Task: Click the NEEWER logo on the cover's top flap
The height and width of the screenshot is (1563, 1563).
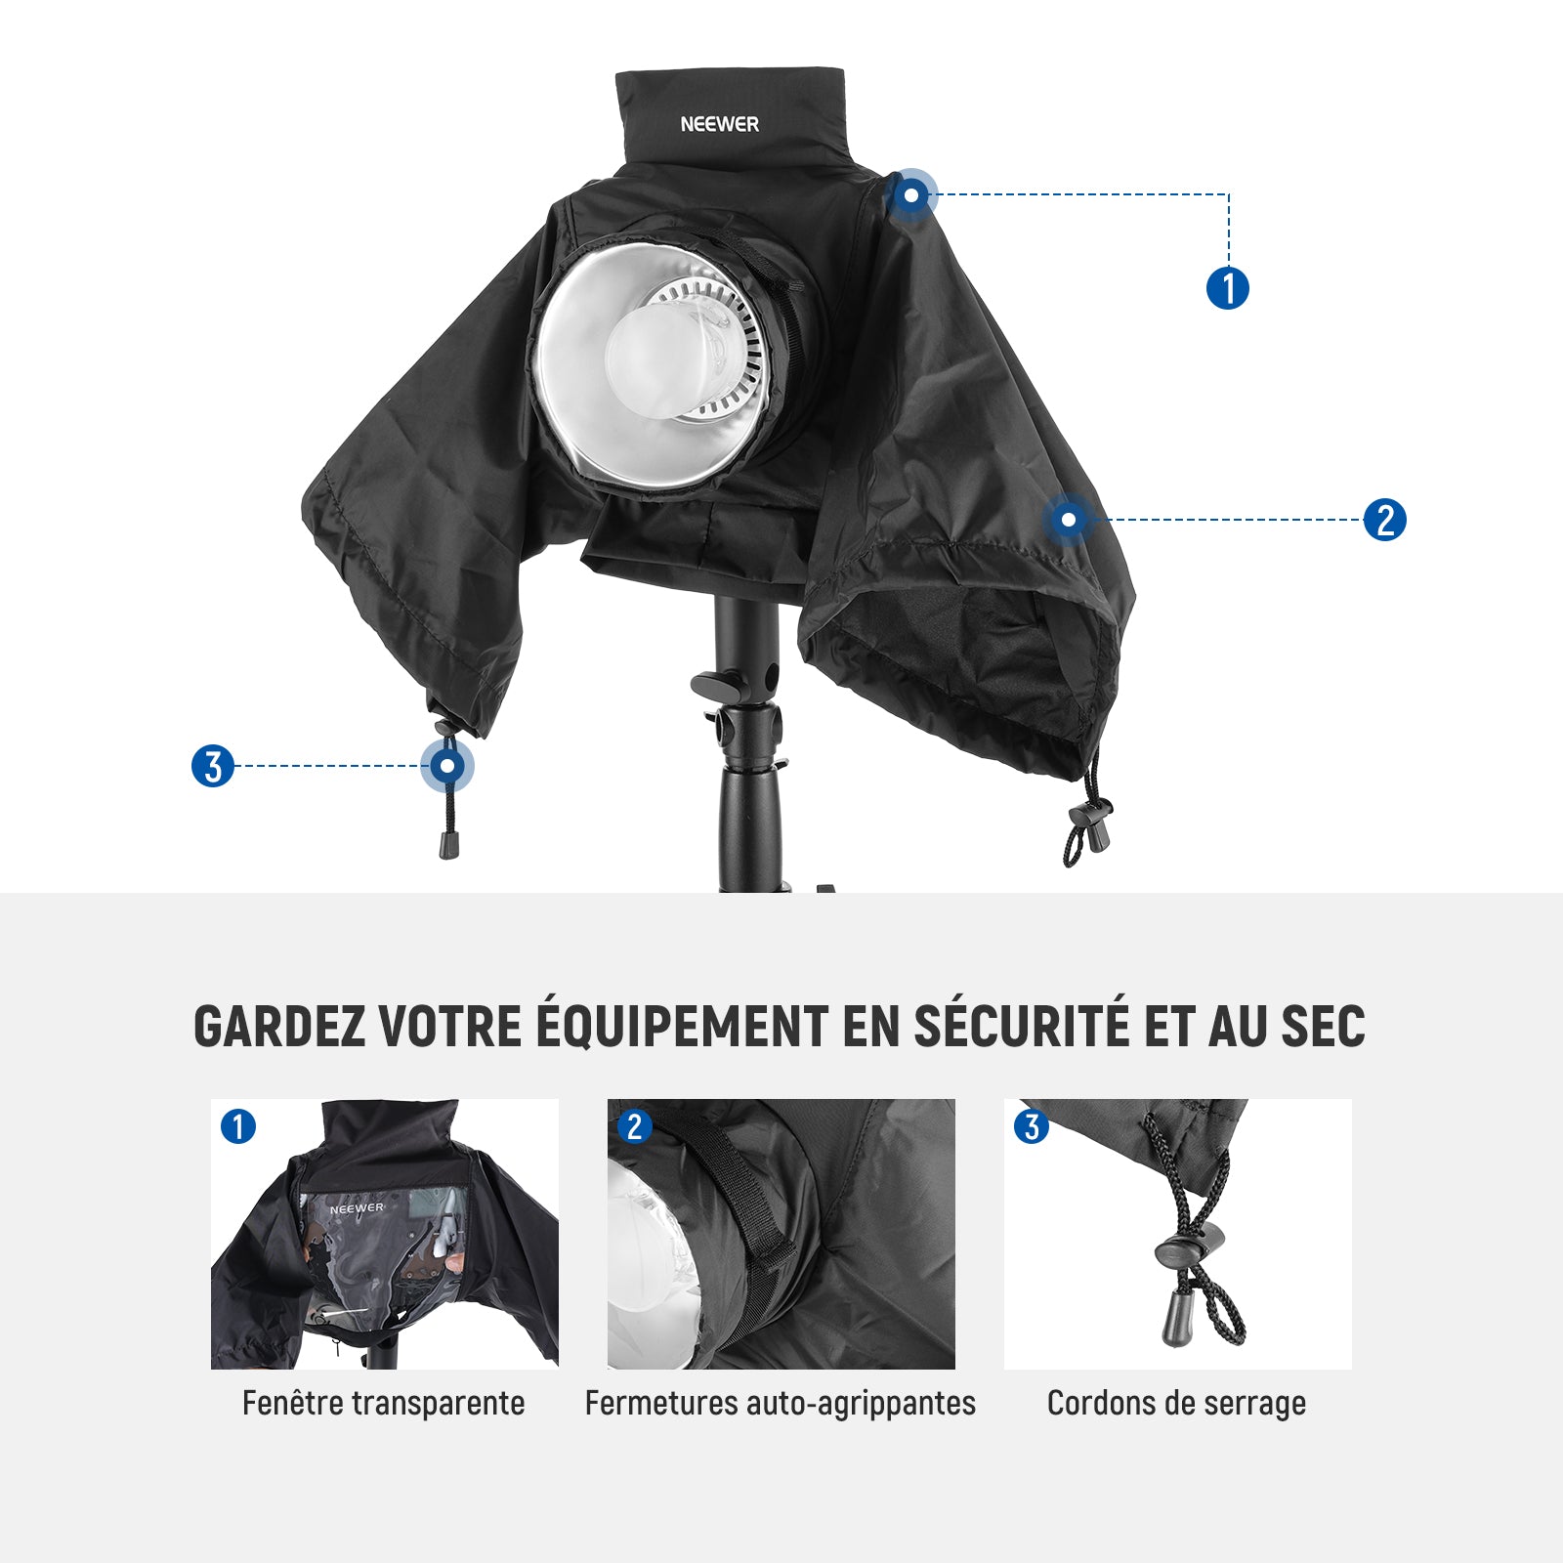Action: [720, 124]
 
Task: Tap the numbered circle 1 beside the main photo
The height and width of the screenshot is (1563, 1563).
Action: [1228, 288]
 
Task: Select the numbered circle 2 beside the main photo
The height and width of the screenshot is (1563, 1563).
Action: [1385, 520]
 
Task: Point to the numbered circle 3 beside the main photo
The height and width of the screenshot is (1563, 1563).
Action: [213, 766]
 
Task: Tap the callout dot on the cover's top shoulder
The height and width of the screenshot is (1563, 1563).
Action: [911, 195]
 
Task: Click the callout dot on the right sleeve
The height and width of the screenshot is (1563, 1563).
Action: [1069, 519]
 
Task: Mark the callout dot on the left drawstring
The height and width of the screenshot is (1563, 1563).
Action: [447, 766]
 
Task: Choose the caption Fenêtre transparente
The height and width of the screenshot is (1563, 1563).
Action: [384, 1404]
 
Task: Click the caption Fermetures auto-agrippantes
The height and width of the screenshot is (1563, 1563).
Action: [781, 1404]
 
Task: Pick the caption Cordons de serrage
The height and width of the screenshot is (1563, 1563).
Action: [1176, 1404]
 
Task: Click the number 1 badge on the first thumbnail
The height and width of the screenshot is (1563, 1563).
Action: [238, 1126]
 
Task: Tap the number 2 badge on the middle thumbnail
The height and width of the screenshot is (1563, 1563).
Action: [635, 1126]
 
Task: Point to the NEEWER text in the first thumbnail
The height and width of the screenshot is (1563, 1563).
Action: [357, 1208]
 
